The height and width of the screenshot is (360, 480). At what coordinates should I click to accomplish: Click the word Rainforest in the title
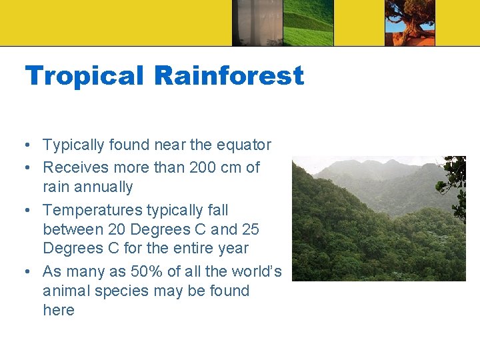(x=229, y=76)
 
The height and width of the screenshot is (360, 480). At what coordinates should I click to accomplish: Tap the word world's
(x=256, y=272)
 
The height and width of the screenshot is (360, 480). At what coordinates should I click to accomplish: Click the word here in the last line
(x=59, y=310)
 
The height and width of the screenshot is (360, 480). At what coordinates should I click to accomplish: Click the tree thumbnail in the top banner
(x=409, y=23)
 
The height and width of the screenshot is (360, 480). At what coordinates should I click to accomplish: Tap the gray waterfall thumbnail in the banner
(x=257, y=23)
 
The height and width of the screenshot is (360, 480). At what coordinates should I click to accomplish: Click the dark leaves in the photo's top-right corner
(x=456, y=172)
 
